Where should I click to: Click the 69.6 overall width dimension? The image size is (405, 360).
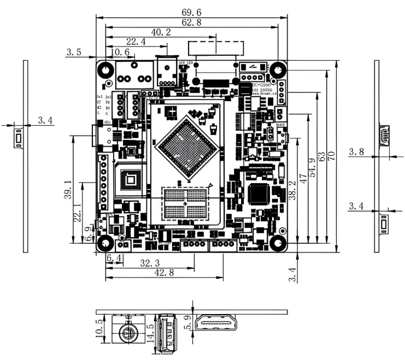click(x=191, y=11)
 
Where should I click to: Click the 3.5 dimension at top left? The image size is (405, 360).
click(x=74, y=53)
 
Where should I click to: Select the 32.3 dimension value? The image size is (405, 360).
click(x=150, y=263)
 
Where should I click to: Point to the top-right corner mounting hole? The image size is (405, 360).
click(x=278, y=70)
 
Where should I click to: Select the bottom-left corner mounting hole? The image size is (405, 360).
click(x=105, y=243)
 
